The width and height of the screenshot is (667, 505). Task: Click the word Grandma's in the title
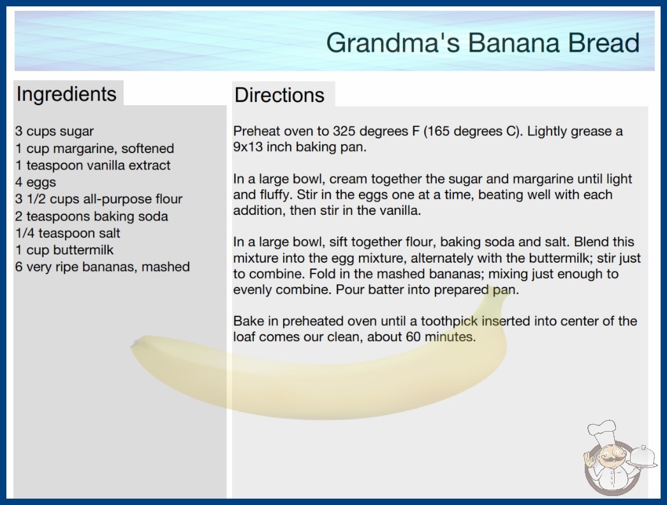pyautogui.click(x=393, y=43)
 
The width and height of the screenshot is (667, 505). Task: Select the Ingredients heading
pyautogui.click(x=66, y=94)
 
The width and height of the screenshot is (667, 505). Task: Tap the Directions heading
pyautogui.click(x=279, y=95)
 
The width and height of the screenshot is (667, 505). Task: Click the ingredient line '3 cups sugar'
pyautogui.click(x=54, y=131)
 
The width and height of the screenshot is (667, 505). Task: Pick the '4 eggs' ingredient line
pyautogui.click(x=36, y=182)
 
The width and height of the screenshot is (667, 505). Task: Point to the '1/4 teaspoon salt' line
pyautogui.click(x=68, y=233)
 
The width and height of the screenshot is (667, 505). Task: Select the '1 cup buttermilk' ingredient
pyautogui.click(x=64, y=250)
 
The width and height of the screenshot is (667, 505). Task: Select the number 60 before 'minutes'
pyautogui.click(x=413, y=337)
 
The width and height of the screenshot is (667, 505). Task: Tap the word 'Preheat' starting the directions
pyautogui.click(x=256, y=131)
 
